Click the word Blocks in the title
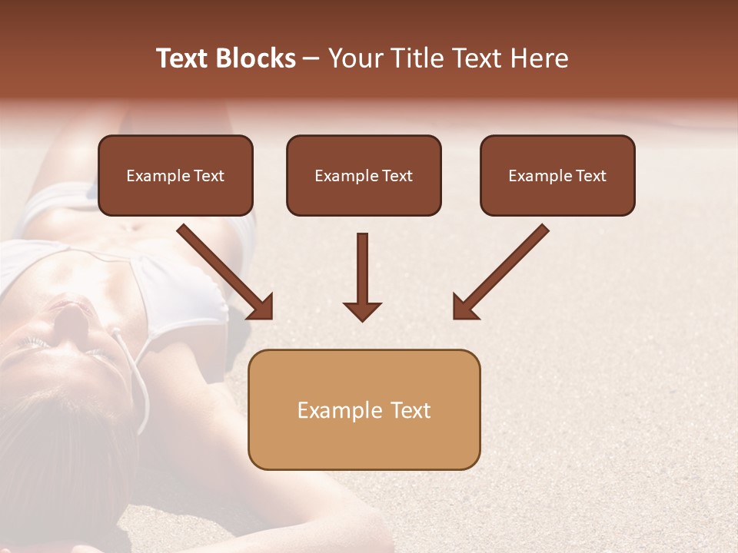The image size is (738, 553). point(256,58)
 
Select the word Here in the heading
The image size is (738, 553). point(540,58)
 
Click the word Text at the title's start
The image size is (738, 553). point(183,58)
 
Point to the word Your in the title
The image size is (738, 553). point(356,58)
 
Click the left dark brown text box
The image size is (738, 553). point(175,176)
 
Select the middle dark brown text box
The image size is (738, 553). point(364,176)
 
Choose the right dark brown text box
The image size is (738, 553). point(557,176)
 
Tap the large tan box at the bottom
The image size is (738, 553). point(364,409)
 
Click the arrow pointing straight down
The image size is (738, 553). point(362,276)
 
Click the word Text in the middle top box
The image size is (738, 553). point(397,176)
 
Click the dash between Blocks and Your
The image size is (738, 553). point(311,59)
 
